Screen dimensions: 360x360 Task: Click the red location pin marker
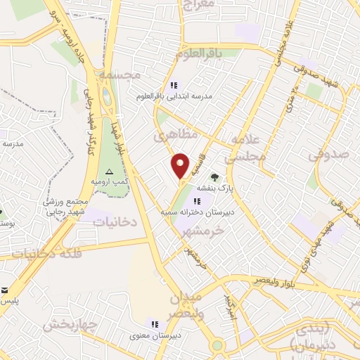[181, 165]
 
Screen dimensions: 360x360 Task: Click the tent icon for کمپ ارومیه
[108, 172]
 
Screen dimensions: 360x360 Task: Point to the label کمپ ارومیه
[110, 181]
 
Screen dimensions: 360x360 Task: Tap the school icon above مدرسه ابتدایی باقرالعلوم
[174, 84]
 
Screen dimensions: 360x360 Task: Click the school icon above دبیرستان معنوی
[153, 323]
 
